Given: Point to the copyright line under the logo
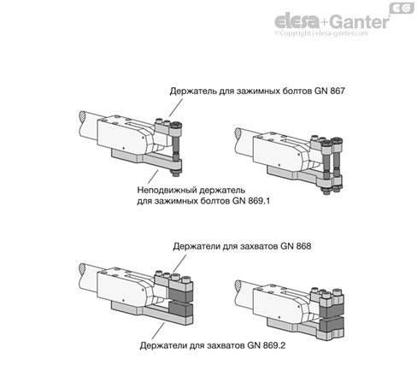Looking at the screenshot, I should point(320,34).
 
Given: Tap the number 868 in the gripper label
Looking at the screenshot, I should point(299,245).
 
